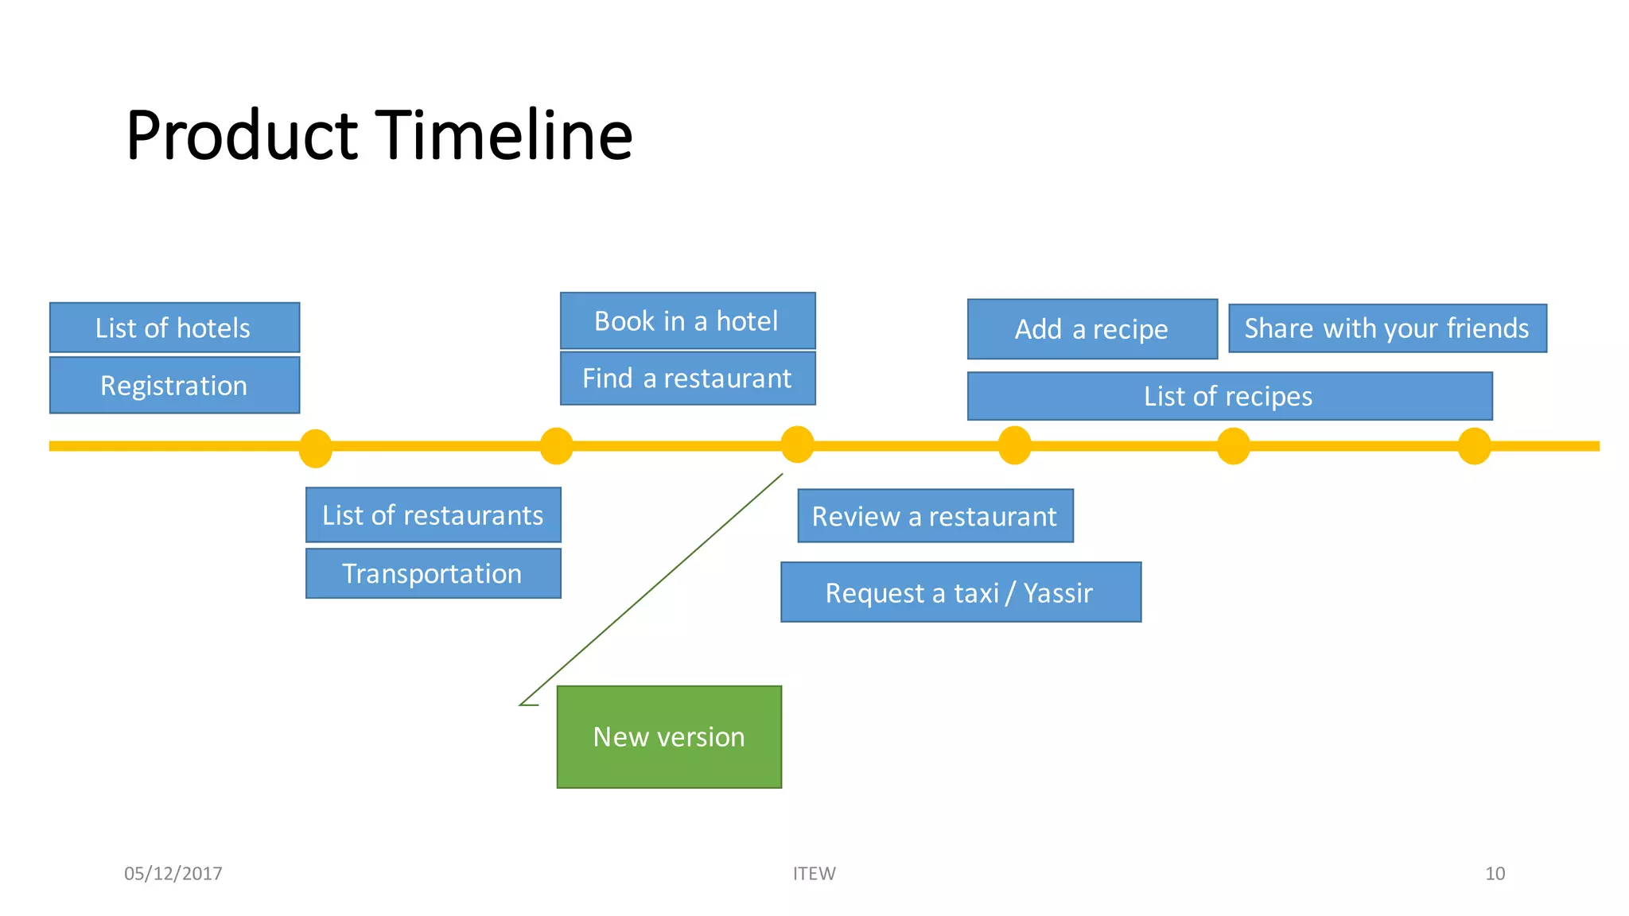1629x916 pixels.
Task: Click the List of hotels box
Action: click(x=174, y=328)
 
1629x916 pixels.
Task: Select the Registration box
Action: click(x=174, y=386)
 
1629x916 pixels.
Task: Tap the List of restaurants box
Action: click(x=433, y=515)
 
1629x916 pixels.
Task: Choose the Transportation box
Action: click(x=433, y=573)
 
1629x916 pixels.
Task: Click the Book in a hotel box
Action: click(x=687, y=321)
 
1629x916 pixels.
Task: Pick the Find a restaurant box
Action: click(x=687, y=378)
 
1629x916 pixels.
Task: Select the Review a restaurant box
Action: click(x=935, y=517)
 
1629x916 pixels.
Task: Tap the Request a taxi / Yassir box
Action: click(x=961, y=592)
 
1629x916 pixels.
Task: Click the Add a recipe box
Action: click(x=1092, y=329)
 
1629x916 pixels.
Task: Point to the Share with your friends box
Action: click(x=1387, y=328)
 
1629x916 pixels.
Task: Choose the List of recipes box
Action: click(x=1230, y=396)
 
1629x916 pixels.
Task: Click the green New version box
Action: click(x=669, y=737)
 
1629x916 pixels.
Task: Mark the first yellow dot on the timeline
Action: click(x=315, y=448)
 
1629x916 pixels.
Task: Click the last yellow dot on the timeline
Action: click(x=1474, y=446)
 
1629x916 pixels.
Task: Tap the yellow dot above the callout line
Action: click(x=797, y=444)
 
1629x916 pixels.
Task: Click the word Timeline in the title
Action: click(x=503, y=136)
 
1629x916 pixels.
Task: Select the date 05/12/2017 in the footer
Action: click(x=173, y=874)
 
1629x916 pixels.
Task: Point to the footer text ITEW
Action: click(x=814, y=874)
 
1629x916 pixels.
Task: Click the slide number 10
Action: click(x=1495, y=874)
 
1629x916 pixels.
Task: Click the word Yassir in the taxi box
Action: click(x=1058, y=593)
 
